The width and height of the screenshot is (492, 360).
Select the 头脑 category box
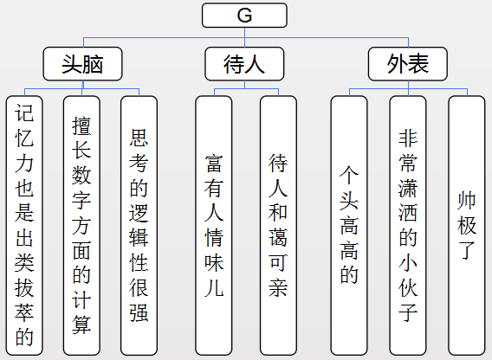point(83,63)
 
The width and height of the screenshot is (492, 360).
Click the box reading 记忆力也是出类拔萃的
point(25,224)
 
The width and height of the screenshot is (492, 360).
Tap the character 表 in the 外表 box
point(418,63)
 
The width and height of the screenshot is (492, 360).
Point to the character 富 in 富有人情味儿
point(213,162)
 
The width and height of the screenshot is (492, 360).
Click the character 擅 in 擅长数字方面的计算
point(82,125)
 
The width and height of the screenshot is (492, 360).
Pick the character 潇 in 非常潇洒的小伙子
point(408,187)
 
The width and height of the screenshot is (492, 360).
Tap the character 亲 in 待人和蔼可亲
point(278,287)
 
